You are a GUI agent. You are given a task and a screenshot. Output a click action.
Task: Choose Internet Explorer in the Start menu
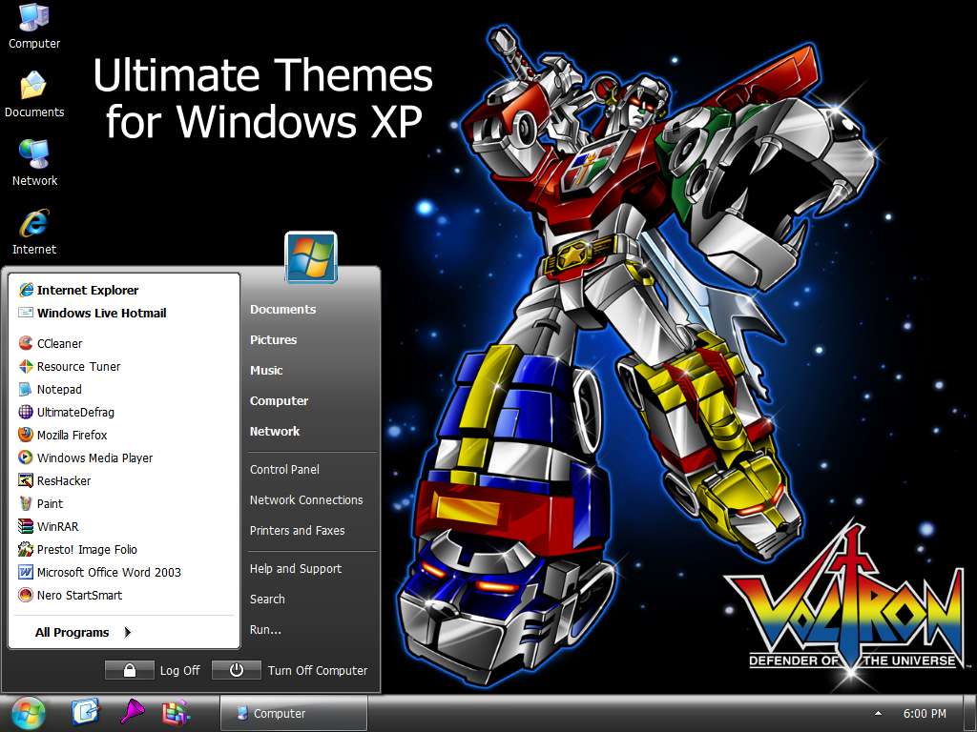(x=87, y=290)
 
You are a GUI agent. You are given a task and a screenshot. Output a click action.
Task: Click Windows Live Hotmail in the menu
(x=101, y=313)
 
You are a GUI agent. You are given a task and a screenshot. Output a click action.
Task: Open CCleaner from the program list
(x=59, y=343)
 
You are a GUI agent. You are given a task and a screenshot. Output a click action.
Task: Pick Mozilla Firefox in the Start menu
(x=72, y=435)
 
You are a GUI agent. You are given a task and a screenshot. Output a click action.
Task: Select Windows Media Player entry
(x=94, y=457)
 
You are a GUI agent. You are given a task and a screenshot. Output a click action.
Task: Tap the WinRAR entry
(x=57, y=526)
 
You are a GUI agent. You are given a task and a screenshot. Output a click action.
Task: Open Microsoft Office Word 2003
(x=108, y=572)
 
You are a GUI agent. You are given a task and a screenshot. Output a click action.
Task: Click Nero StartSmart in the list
(x=79, y=595)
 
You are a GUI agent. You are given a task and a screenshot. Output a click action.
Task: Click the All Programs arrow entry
(x=83, y=632)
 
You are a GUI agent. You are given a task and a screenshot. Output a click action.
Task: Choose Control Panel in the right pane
(x=284, y=469)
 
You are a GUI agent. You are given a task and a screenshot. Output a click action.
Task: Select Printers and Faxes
(x=297, y=530)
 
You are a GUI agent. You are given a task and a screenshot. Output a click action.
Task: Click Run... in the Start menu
(x=265, y=629)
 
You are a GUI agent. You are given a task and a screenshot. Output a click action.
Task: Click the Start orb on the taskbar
(x=28, y=713)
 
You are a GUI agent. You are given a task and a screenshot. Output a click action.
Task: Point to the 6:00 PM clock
(x=924, y=713)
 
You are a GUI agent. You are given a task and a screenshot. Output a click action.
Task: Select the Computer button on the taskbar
(x=293, y=713)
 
